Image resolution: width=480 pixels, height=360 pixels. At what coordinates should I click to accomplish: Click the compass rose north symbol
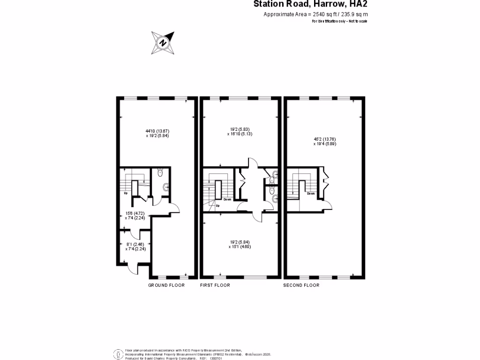coord(163,43)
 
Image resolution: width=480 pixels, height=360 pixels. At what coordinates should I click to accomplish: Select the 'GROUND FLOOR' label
coord(166,285)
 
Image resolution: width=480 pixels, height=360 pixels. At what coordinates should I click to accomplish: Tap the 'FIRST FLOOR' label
coord(215,285)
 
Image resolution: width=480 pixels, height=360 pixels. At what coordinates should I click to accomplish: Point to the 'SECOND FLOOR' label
coord(301,285)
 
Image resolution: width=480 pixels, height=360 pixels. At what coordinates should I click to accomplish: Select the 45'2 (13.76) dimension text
coord(325,139)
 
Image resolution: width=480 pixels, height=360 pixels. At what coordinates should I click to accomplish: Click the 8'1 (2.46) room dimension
coord(135,244)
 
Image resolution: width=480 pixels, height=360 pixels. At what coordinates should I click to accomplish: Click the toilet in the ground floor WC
coord(160,173)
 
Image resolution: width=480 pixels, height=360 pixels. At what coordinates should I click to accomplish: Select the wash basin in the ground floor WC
coord(165,188)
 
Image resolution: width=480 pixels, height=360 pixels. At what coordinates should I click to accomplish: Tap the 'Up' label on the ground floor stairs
coord(126,193)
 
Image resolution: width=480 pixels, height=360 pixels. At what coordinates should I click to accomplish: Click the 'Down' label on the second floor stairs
coord(311,193)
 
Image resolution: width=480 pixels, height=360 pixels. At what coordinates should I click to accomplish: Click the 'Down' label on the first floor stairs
coord(227,199)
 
